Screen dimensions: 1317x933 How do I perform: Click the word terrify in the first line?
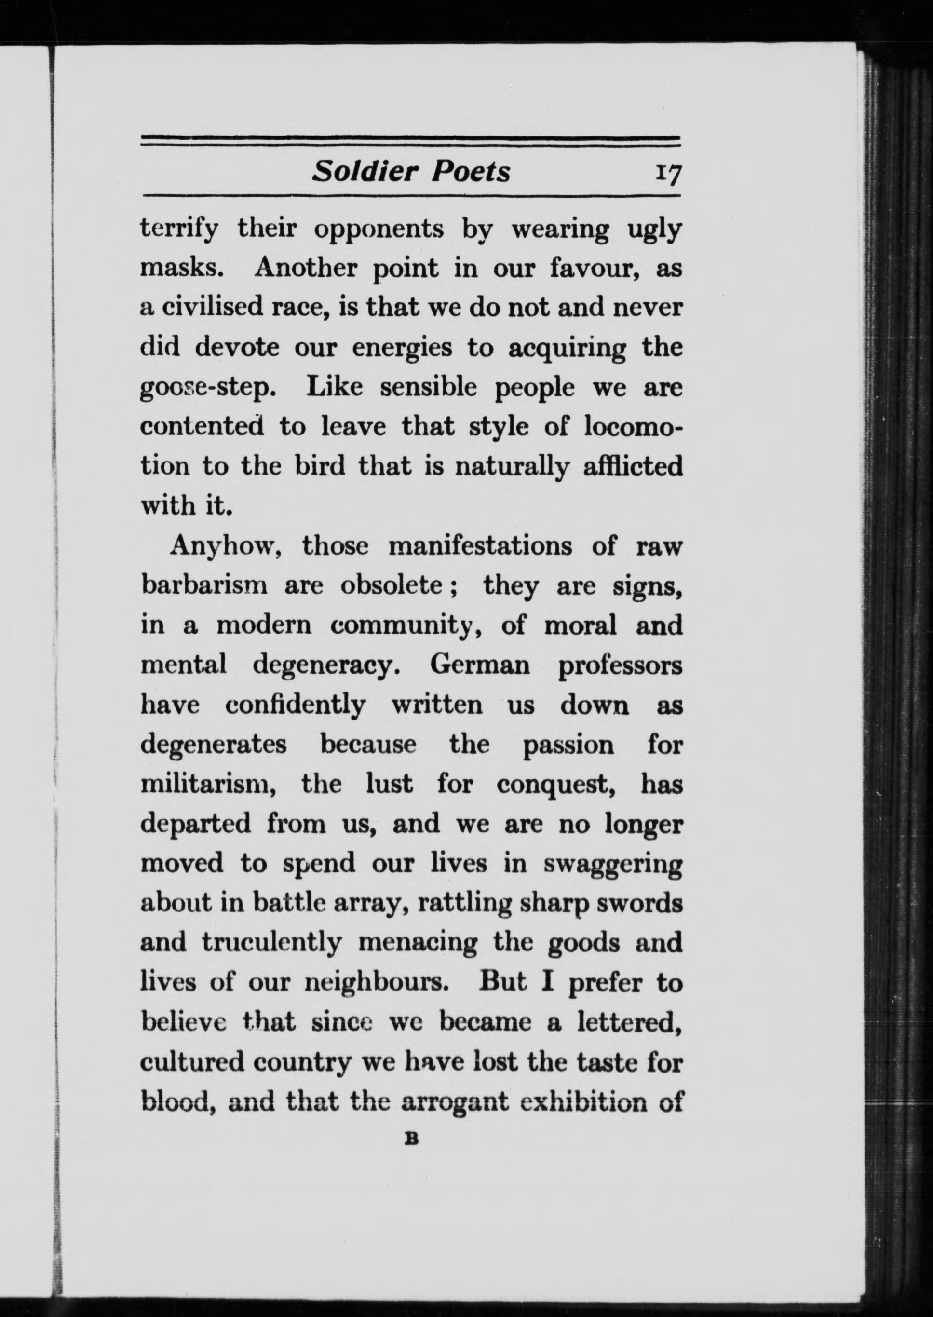tap(179, 231)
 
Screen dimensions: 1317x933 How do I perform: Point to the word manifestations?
tap(480, 546)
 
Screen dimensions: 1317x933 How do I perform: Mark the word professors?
tap(620, 666)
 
